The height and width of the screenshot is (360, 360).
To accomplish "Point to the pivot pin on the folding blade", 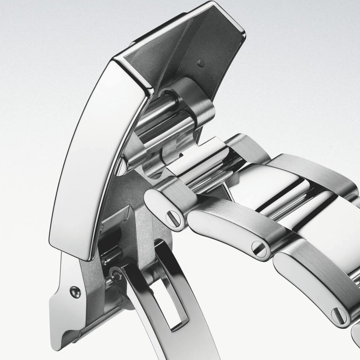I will [116, 275].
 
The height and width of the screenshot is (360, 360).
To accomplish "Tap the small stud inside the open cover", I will [201, 63].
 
